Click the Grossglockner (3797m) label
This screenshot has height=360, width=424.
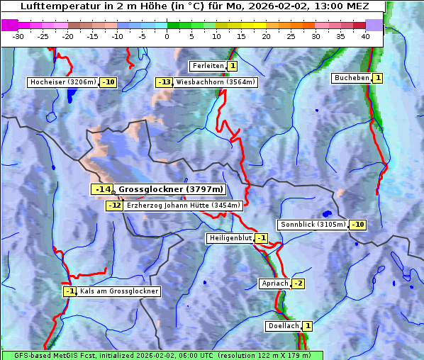pos(170,189)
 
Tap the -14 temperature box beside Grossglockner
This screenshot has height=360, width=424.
pos(102,189)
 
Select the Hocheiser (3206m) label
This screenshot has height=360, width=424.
pos(62,82)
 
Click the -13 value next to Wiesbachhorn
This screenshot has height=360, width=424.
pos(164,82)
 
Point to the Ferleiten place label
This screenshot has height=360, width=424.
pos(208,66)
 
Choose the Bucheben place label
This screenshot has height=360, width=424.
pos(352,77)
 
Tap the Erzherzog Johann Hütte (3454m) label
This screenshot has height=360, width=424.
pos(183,206)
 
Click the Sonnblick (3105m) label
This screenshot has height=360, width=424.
pos(313,225)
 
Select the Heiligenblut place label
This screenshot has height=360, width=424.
pos(230,238)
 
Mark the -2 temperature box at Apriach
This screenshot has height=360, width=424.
pos(298,283)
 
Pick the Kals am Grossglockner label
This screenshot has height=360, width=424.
pos(118,291)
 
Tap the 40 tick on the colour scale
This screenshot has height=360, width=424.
pos(364,35)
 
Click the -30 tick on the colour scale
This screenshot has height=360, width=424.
pos(19,35)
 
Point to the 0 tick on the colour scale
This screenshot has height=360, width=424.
pos(167,35)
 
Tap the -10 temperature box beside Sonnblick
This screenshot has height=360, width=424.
pos(358,225)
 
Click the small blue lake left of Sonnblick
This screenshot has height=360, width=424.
pos(326,213)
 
